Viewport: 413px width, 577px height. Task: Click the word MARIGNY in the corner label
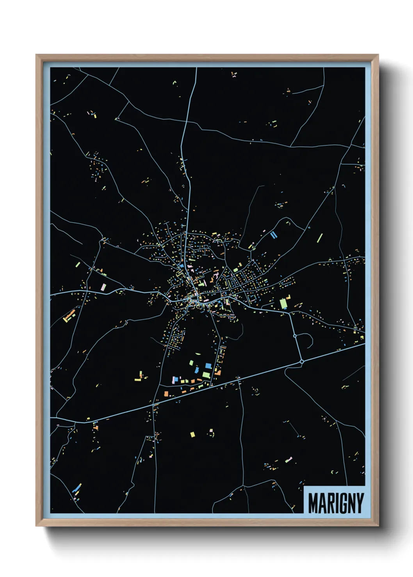[336, 503]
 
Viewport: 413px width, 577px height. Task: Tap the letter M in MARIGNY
[313, 503]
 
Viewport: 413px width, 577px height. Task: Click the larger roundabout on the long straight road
[302, 362]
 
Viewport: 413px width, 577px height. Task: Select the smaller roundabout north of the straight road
[295, 335]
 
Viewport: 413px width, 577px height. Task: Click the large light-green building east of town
[283, 303]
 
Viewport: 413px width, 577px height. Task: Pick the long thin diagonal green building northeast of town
[320, 238]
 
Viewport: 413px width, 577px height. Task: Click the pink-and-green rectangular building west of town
[103, 287]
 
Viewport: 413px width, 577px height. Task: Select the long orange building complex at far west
[69, 315]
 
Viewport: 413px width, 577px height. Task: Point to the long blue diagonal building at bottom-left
[77, 488]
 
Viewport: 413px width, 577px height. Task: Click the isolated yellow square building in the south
[192, 434]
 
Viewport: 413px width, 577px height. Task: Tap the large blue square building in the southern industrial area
[208, 366]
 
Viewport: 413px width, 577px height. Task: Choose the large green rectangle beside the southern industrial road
[206, 375]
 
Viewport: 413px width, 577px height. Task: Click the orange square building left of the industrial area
[166, 394]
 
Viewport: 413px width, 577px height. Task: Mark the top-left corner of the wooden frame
[37, 55]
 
